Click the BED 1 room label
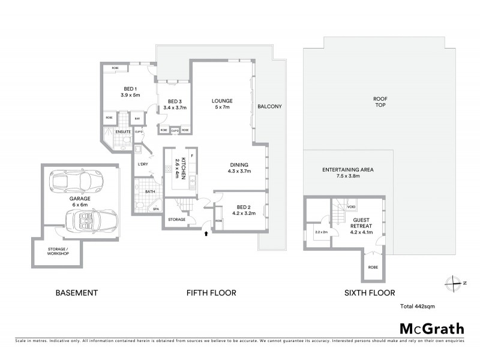pos(131,91)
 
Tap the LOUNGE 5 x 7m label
pos(222,104)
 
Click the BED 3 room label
pos(175,104)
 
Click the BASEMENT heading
pos(76,293)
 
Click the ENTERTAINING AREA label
pos(348,173)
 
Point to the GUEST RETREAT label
pos(361,223)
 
